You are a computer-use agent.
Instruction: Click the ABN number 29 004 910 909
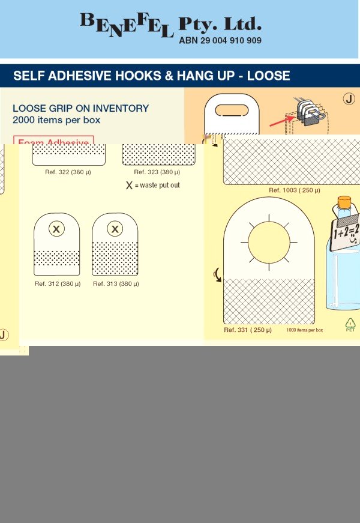click(x=220, y=41)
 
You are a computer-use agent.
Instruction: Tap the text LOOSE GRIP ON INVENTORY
click(x=80, y=109)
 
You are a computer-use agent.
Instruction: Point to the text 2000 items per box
click(x=56, y=120)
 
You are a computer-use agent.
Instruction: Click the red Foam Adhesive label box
click(x=53, y=141)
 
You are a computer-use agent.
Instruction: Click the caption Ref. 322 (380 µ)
click(x=68, y=172)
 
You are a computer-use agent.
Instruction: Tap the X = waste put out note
click(x=152, y=186)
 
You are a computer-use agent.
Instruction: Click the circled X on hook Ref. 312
click(x=56, y=229)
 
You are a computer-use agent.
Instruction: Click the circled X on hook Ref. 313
click(x=115, y=229)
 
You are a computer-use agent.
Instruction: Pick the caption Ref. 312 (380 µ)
click(x=58, y=283)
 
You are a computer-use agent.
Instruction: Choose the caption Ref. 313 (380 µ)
click(x=116, y=283)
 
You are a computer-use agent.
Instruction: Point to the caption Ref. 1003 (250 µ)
click(x=294, y=190)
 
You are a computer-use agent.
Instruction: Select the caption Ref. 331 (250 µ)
click(x=248, y=330)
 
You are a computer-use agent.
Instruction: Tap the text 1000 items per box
click(x=304, y=330)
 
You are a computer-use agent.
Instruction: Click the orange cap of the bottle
click(x=344, y=201)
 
